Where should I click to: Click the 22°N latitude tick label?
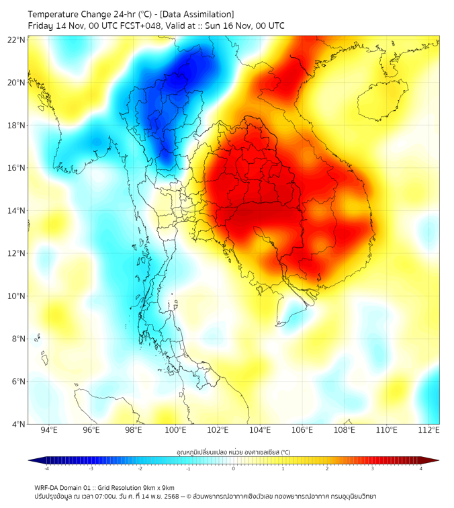[x=17, y=40]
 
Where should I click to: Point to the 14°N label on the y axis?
[x=17, y=211]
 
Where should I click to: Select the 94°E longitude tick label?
[x=49, y=431]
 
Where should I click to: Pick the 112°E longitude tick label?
[x=429, y=431]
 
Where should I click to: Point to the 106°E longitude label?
[x=303, y=431]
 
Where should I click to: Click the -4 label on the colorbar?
[x=46, y=468]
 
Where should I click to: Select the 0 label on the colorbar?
[x=234, y=468]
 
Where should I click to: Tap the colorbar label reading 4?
[x=421, y=468]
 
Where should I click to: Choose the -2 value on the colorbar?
[x=140, y=468]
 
